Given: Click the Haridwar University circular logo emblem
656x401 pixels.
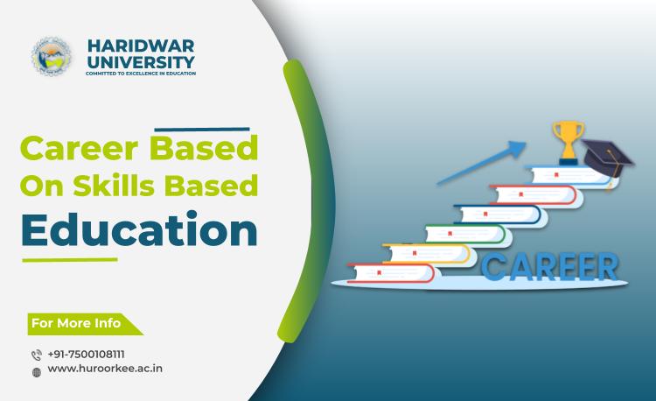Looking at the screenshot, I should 50,56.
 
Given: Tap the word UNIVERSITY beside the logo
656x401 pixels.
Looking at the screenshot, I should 140,61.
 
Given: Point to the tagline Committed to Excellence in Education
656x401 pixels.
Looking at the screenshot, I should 139,74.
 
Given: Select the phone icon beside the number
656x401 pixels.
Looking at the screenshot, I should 36,355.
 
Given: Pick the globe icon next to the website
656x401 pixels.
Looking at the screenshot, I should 36,370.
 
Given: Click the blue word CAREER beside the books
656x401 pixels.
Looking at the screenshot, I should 548,264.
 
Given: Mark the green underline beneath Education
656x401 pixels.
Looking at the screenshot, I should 69,260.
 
